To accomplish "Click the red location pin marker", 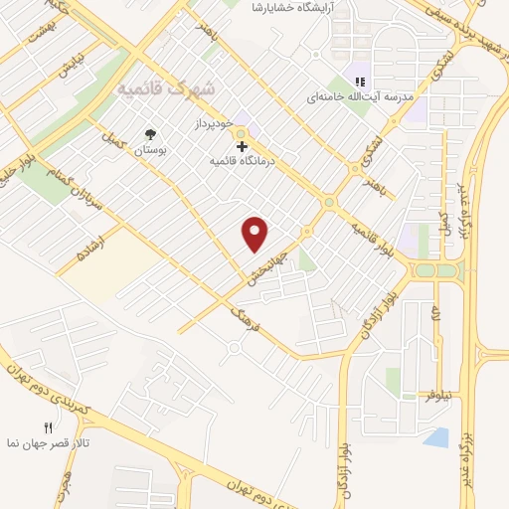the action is pyautogui.click(x=255, y=234).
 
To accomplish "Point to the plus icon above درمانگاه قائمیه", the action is pyautogui.click(x=242, y=145).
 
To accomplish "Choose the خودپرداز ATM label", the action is pyautogui.click(x=213, y=124).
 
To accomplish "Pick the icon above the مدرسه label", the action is pyautogui.click(x=361, y=81).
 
